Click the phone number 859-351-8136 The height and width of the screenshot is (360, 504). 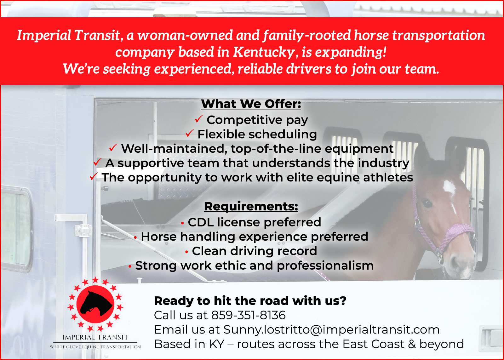[x=249, y=315]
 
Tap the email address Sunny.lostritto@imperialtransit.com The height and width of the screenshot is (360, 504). [x=331, y=330]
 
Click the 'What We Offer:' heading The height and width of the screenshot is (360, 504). [x=251, y=104]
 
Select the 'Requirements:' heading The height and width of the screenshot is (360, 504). [x=251, y=206]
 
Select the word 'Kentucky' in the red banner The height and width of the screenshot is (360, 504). [x=264, y=52]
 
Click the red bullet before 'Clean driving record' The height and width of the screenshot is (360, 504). [x=186, y=252]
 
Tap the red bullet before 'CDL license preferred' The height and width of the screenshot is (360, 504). [x=182, y=223]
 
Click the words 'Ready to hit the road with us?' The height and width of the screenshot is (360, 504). [x=250, y=301]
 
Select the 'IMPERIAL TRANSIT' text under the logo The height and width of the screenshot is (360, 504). [x=95, y=337]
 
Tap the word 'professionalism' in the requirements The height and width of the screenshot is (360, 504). [x=325, y=266]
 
